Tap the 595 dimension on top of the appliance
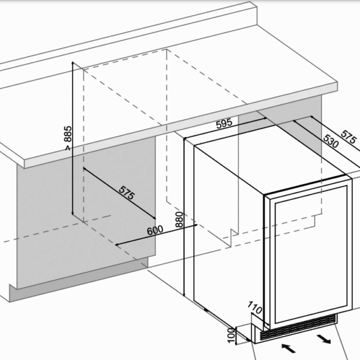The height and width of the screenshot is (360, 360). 223,124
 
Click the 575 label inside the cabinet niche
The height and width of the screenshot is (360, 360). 125,193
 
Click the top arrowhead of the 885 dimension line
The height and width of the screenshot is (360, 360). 73,64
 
